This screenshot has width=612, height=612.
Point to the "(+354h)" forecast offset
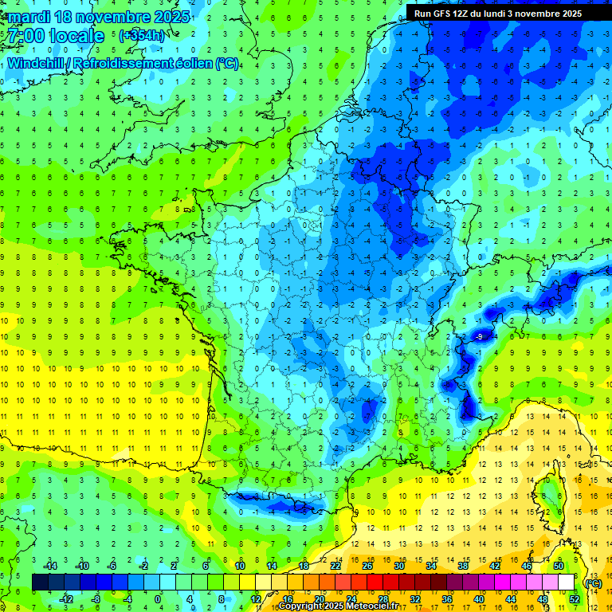141,36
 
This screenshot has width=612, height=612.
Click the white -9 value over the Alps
479,338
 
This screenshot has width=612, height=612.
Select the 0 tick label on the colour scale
157,598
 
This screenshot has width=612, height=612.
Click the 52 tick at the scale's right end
575,598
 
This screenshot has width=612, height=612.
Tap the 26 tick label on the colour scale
367,566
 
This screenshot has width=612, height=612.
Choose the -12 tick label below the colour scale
67,598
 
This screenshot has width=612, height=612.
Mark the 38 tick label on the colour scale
462,566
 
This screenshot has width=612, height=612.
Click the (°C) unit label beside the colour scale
594,583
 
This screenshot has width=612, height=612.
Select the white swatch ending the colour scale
566,583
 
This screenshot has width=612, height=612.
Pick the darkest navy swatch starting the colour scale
40,583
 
